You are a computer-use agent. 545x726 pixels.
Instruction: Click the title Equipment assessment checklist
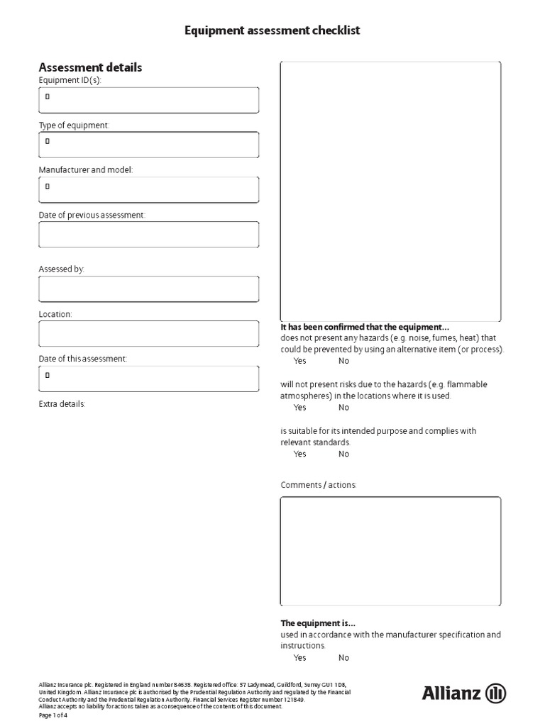click(x=272, y=30)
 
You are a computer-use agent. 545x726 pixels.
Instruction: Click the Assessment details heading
click(x=90, y=67)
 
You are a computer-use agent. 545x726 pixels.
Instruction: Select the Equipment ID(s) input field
click(x=149, y=100)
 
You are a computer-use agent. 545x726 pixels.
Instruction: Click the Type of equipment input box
click(x=149, y=145)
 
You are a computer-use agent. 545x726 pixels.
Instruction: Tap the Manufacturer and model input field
click(x=149, y=189)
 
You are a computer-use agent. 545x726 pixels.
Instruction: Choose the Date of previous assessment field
click(x=149, y=234)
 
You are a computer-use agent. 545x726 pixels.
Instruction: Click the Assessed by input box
click(x=149, y=289)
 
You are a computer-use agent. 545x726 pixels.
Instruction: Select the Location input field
click(x=149, y=333)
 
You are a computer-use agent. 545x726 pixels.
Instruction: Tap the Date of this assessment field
click(x=149, y=379)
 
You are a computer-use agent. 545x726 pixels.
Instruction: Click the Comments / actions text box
click(x=390, y=551)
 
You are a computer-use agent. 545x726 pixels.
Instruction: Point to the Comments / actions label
click(x=319, y=485)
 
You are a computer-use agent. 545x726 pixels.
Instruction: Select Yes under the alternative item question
click(x=299, y=361)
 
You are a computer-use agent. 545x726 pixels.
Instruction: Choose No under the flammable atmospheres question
click(x=343, y=408)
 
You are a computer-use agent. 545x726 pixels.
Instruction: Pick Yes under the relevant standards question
click(x=299, y=454)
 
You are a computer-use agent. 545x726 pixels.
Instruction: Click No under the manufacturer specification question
click(x=343, y=657)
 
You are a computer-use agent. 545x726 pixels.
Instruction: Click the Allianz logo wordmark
click(x=452, y=693)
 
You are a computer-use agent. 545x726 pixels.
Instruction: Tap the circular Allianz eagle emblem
click(x=495, y=693)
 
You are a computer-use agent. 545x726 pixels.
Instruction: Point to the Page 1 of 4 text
click(x=53, y=715)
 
